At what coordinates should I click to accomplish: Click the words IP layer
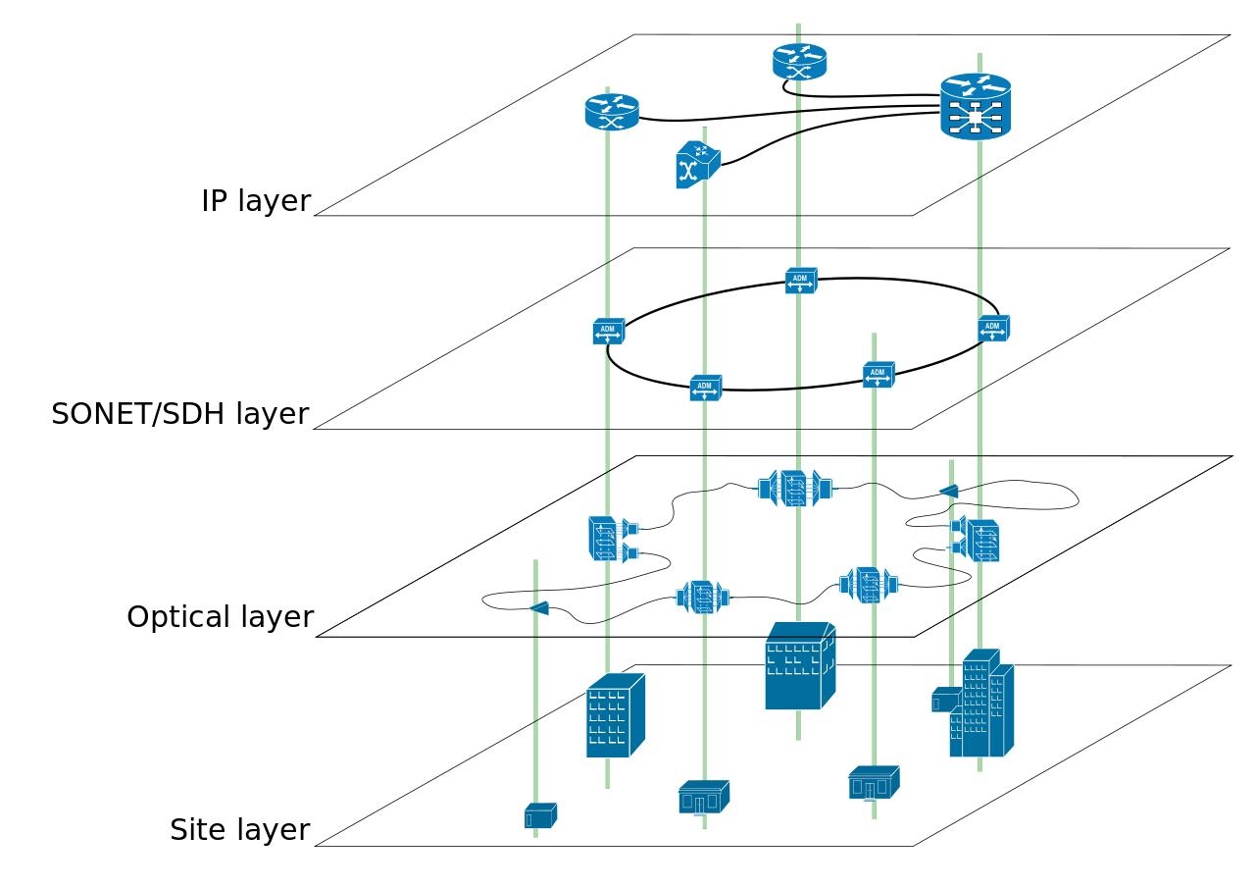256,201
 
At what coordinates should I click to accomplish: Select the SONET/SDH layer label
180,414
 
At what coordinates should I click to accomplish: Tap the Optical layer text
221,617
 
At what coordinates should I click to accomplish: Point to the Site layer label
240,830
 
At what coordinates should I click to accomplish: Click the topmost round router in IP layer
799,62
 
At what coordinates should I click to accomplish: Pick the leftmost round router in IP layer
612,112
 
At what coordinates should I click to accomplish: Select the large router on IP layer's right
975,107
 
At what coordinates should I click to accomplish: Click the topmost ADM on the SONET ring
800,281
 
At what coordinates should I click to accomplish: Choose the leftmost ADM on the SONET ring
608,332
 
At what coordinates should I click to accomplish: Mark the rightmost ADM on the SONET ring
993,329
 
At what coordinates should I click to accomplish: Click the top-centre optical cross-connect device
795,488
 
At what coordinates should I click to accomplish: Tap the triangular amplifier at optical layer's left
539,608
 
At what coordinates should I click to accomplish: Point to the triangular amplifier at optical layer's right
948,491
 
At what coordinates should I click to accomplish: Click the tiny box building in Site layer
540,815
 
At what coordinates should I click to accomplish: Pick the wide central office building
799,666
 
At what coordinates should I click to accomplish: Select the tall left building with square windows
614,716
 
